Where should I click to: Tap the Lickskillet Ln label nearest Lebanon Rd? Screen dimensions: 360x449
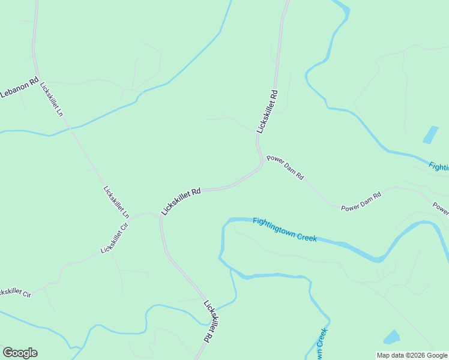[x=52, y=99]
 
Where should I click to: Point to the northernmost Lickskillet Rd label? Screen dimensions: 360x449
[x=267, y=111]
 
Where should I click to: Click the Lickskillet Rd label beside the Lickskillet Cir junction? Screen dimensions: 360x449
[x=181, y=200]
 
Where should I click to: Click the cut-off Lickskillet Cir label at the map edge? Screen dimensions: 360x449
[x=14, y=292]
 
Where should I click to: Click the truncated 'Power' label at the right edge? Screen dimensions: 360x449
[x=441, y=208]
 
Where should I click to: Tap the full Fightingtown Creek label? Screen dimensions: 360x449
[x=285, y=229]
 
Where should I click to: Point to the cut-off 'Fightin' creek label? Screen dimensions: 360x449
[x=439, y=166]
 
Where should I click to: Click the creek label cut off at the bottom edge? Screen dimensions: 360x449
[x=320, y=345]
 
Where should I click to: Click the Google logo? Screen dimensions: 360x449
[x=20, y=353]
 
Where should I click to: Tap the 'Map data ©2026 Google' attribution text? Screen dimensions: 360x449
[x=412, y=355]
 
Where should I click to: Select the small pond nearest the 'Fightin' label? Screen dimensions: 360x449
[x=430, y=135]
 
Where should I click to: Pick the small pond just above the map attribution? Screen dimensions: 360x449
[x=391, y=337]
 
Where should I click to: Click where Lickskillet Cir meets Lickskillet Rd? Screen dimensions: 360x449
[x=160, y=217]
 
